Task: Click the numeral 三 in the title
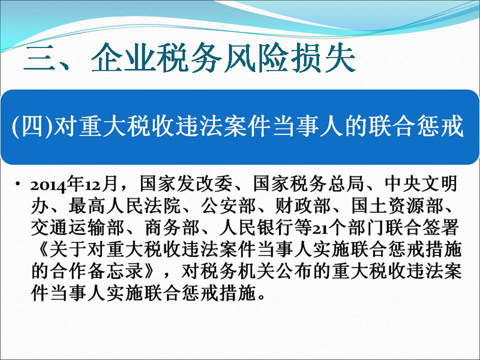(38, 58)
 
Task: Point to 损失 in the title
(323, 58)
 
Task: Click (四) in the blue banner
(32, 126)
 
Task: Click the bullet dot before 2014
(18, 184)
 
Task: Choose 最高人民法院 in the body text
(124, 206)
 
